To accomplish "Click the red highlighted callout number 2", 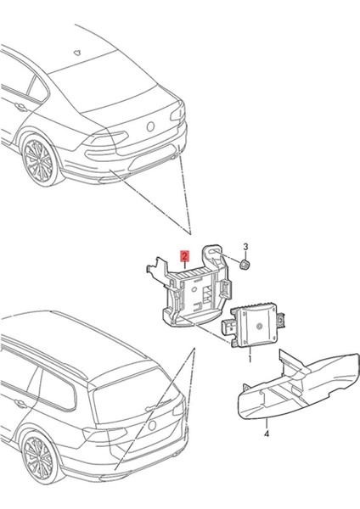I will click(x=183, y=254).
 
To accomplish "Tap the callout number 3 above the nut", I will click(x=246, y=247).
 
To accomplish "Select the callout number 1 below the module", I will click(x=249, y=360).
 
